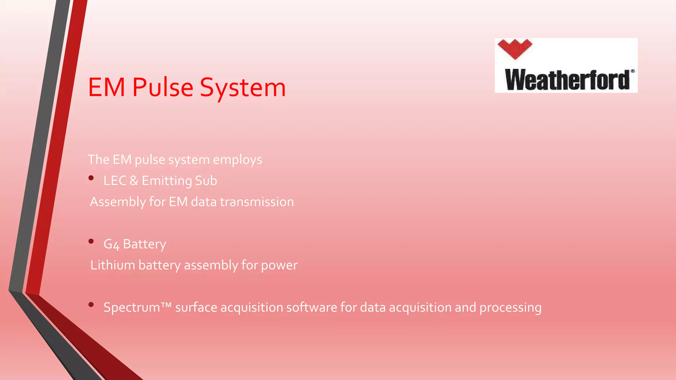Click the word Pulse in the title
pos(163,87)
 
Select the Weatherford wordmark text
pos(567,80)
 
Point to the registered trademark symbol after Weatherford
pos(632,71)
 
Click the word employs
pos(237,160)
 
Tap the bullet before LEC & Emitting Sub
pos(91,178)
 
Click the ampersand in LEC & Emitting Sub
pos(134,181)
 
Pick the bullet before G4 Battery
pos(91,241)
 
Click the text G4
pos(111,244)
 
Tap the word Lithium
pos(113,265)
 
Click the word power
pos(279,266)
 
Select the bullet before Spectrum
pos(91,305)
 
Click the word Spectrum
pos(132,308)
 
